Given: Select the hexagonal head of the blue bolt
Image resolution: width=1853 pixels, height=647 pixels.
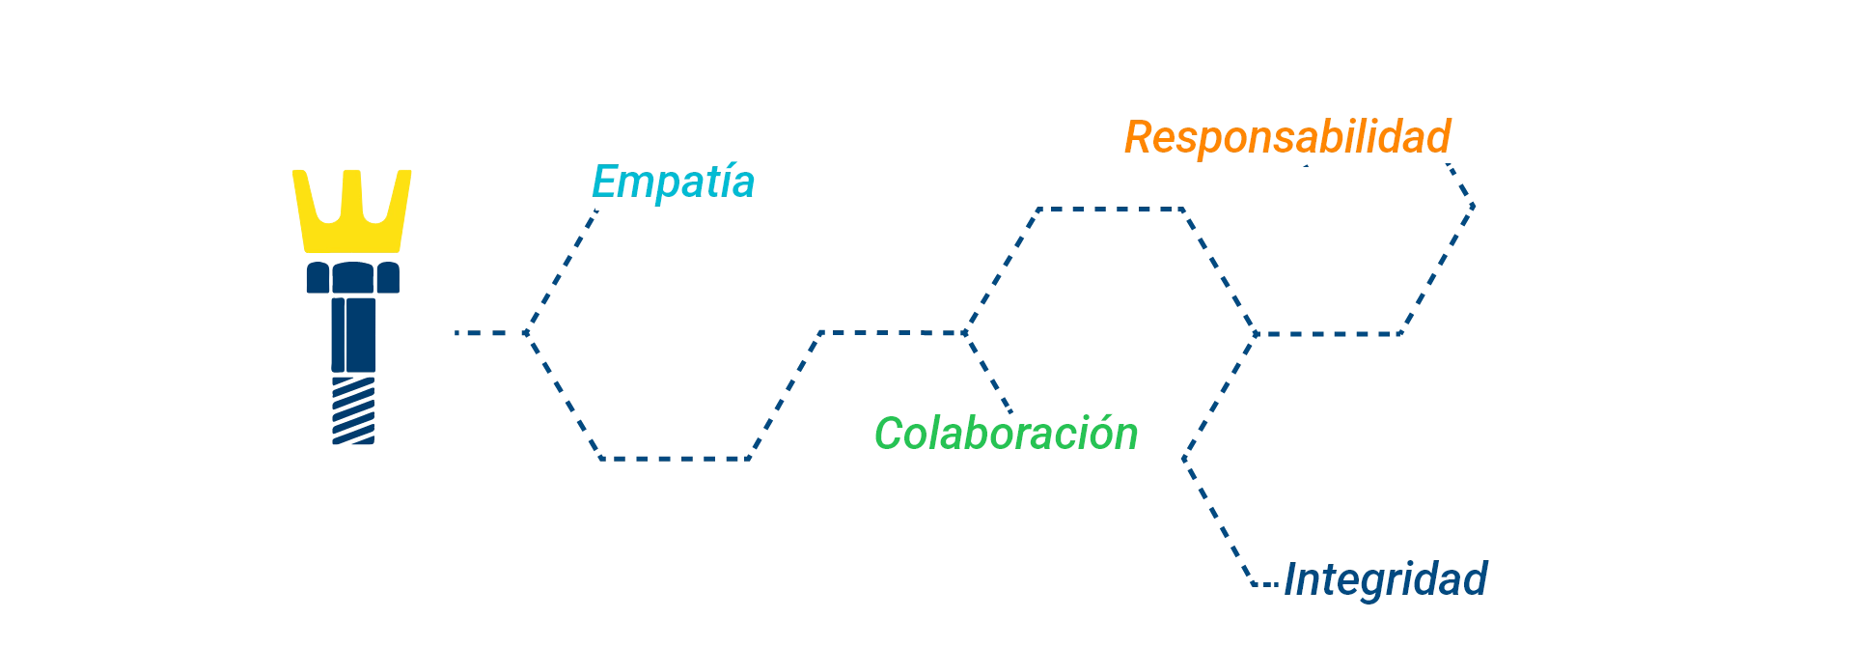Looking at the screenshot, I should coord(350,277).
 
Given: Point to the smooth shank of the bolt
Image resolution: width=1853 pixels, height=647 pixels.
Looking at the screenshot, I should coord(351,334).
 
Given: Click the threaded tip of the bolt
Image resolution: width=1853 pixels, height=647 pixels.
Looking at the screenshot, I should coord(353,412).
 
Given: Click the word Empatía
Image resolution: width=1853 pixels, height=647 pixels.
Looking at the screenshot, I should coord(673,183).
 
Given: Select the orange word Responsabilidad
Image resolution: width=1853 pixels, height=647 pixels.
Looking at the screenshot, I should coord(1286,137).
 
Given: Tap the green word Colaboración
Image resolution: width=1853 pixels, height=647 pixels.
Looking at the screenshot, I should coord(1006,434).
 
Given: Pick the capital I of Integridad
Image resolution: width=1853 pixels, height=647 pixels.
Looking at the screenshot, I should coord(1293,578).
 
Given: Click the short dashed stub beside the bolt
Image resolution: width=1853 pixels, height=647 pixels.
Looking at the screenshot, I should coord(479,333).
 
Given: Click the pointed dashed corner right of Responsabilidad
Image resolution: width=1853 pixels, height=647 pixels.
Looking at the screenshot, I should coord(1473,204).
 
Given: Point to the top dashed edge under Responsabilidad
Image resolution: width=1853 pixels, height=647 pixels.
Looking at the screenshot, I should coord(1095,207).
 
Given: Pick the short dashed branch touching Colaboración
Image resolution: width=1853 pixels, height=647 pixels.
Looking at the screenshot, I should coord(994,377).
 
